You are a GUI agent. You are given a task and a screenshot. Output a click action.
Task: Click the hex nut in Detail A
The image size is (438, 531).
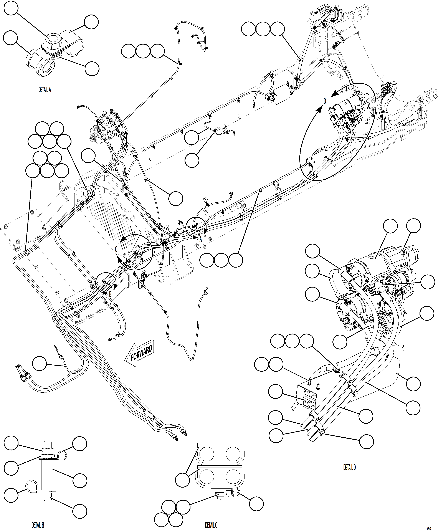(53, 41)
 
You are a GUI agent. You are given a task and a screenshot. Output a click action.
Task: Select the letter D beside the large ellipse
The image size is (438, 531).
(325, 101)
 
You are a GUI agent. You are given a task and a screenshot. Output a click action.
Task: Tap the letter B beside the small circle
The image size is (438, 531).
(110, 294)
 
